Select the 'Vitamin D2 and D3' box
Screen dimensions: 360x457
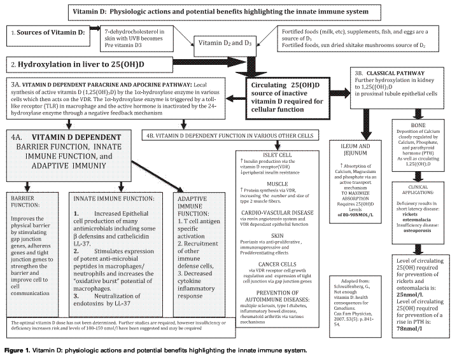coord(225,43)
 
